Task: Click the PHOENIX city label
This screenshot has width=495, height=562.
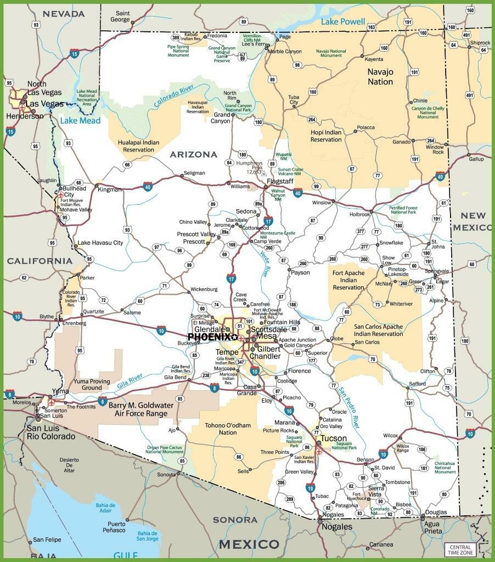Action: [209, 337]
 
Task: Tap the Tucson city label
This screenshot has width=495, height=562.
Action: [334, 438]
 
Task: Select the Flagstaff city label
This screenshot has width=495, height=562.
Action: [280, 181]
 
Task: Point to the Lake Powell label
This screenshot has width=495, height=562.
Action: [343, 22]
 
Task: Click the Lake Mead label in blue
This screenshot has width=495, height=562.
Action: [80, 121]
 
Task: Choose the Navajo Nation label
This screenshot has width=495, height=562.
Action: [380, 77]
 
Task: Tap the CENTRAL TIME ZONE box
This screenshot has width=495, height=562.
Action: [460, 549]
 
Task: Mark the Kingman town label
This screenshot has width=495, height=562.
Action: [109, 189]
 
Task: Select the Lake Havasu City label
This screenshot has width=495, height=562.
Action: [100, 243]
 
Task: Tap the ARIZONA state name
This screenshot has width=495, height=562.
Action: [193, 155]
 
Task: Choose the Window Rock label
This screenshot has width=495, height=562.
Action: [435, 150]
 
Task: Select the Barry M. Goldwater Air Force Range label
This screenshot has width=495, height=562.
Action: [140, 409]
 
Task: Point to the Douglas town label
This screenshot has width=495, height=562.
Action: [436, 512]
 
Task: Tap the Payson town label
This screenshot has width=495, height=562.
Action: [300, 273]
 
